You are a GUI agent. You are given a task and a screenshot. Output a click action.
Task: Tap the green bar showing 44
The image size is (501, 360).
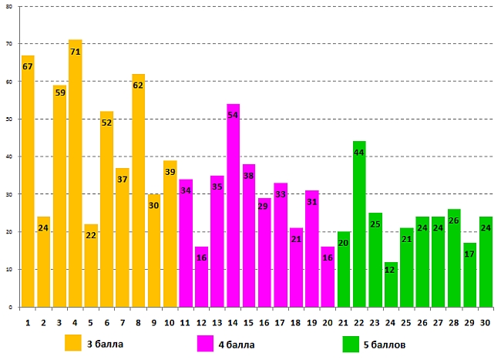click(359, 224)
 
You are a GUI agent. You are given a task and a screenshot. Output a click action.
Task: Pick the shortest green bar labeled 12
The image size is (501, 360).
click(391, 284)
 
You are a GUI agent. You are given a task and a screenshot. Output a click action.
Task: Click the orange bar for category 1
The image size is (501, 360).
click(28, 181)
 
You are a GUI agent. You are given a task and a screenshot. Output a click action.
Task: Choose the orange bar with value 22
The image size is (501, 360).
click(91, 265)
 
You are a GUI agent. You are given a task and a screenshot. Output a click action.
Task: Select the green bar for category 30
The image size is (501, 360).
click(486, 261)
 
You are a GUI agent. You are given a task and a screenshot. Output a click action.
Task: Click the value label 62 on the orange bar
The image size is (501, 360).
click(138, 86)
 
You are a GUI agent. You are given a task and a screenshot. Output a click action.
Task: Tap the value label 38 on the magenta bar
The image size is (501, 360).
click(249, 176)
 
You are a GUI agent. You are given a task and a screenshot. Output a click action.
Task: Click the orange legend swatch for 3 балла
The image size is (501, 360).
click(72, 342)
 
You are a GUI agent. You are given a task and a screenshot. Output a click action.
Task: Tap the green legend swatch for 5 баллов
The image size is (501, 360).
click(351, 342)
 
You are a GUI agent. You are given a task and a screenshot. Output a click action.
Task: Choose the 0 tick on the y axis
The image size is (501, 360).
click(9, 308)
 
